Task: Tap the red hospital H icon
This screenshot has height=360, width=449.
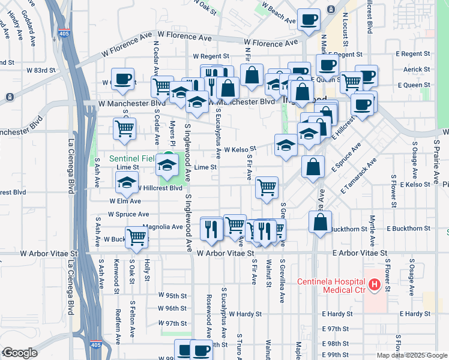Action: pos(375,284)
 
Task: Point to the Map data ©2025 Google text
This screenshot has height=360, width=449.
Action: pos(412,355)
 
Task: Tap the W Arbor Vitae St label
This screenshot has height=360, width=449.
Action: pos(221,254)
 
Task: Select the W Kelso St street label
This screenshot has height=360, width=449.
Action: pos(240,149)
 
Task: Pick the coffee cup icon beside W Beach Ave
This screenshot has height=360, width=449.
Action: pos(309,20)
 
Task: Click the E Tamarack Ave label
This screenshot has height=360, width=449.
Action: pos(358,176)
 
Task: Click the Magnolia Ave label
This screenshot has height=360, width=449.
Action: pos(162,227)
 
